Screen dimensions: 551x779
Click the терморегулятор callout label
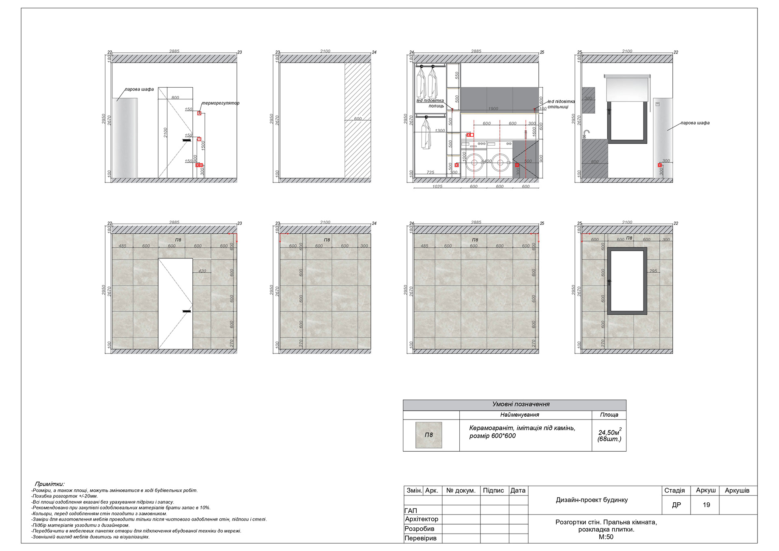221,103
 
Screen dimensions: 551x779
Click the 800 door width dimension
175,98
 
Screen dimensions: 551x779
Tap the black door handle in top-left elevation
187,140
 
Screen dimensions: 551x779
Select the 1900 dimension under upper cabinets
493,109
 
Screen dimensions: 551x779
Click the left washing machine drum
474,164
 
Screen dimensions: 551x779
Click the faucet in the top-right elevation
586,134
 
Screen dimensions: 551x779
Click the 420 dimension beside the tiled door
202,271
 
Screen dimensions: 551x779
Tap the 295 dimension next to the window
653,271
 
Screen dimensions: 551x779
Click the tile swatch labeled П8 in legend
428,435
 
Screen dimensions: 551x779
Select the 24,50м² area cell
609,435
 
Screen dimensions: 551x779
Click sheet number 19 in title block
706,505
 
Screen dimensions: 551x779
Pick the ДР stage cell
676,505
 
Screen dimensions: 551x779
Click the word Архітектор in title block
422,519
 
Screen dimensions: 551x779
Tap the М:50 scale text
606,537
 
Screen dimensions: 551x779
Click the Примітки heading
49,484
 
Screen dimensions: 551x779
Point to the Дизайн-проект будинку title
592,500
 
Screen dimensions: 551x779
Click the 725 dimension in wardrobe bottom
430,172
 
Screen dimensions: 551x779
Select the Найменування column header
519,415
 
